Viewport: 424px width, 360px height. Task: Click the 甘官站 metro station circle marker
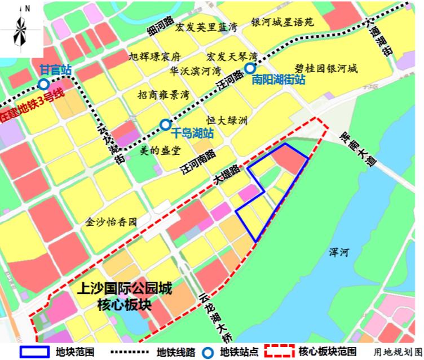point(43,85)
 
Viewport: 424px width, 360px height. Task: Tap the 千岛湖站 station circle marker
point(165,125)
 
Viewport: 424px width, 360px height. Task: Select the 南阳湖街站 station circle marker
point(249,68)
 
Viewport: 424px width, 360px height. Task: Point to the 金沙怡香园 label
point(112,222)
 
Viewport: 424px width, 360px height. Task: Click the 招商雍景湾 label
point(163,94)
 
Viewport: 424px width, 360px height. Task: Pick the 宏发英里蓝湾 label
point(201,26)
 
